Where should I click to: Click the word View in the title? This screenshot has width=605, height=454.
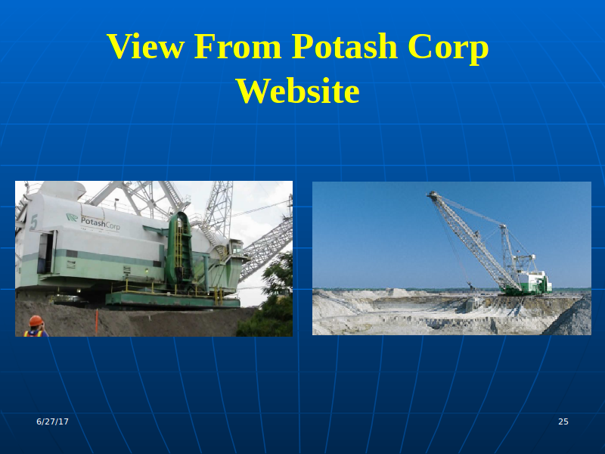[x=145, y=46]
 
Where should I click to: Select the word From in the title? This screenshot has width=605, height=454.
[x=237, y=46]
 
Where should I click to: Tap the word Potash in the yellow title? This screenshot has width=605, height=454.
[x=344, y=46]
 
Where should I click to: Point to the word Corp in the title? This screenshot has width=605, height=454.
[x=448, y=48]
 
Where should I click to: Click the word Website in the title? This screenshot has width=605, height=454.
[x=298, y=91]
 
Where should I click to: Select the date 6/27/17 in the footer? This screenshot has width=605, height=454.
[x=52, y=421]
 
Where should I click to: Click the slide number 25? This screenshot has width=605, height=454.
[x=563, y=421]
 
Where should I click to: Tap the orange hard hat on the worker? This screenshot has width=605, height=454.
[x=36, y=320]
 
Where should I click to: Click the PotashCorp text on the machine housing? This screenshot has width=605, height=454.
[x=101, y=222]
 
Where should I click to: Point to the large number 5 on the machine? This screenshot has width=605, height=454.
[x=34, y=222]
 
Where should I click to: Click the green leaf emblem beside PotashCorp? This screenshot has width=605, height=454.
[x=72, y=217]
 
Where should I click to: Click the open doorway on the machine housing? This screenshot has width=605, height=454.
[x=45, y=253]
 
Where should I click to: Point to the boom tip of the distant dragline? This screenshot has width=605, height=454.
[x=432, y=194]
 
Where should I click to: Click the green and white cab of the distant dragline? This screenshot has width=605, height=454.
[x=535, y=282]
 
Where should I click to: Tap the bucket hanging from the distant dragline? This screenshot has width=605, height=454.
[x=470, y=286]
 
